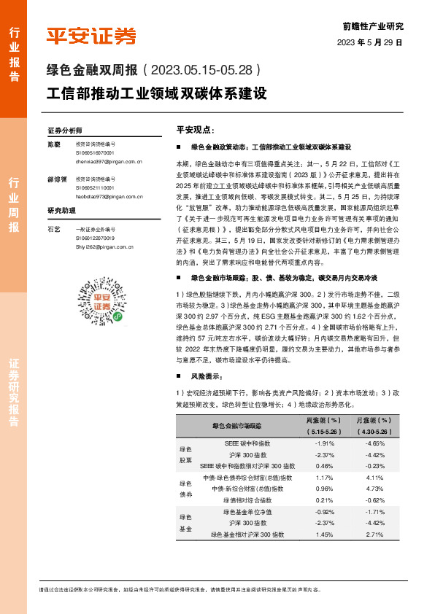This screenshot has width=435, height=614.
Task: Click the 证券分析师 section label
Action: (65, 130)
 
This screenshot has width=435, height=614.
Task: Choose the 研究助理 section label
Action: (62, 210)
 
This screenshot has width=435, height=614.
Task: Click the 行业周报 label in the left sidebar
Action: (14, 205)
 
